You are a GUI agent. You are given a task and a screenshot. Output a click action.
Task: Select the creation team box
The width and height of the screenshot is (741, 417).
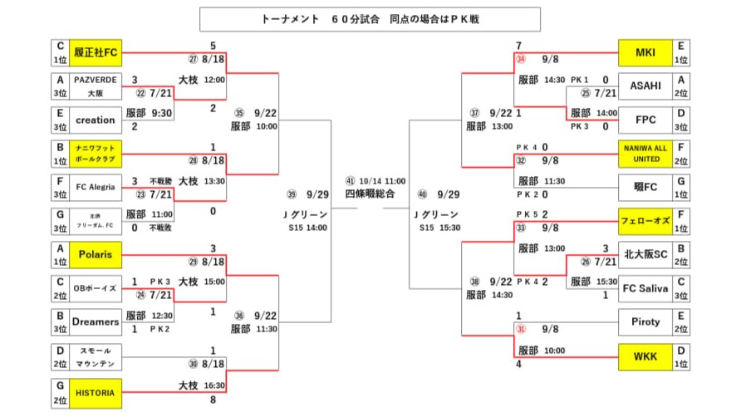click(x=95, y=120)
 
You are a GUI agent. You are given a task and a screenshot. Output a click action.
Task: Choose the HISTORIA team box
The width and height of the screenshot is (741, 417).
click(x=95, y=389)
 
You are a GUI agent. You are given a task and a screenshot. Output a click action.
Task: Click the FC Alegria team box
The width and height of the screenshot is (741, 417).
click(x=95, y=187)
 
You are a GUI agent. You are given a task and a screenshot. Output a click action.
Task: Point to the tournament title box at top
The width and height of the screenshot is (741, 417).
click(x=370, y=19)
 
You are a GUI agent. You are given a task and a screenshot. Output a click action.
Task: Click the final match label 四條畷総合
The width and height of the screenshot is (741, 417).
click(x=370, y=193)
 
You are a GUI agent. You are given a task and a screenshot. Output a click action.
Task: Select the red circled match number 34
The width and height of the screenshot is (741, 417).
click(x=521, y=60)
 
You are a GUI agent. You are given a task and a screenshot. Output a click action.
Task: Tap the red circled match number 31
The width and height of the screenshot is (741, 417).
click(x=521, y=328)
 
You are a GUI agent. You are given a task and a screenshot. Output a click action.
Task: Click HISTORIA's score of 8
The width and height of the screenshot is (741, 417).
click(x=213, y=400)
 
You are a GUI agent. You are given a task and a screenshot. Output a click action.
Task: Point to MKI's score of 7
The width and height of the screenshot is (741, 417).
click(x=518, y=45)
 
